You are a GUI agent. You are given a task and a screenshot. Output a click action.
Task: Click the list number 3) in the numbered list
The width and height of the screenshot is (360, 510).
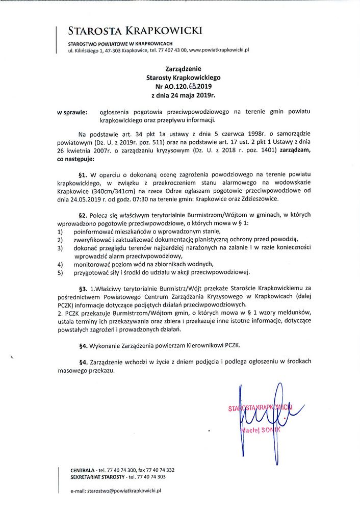[60, 248]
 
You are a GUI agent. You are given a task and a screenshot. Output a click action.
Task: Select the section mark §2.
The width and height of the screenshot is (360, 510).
[85, 215]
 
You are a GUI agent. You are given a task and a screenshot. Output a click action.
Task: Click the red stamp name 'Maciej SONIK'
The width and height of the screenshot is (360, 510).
[261, 430]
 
